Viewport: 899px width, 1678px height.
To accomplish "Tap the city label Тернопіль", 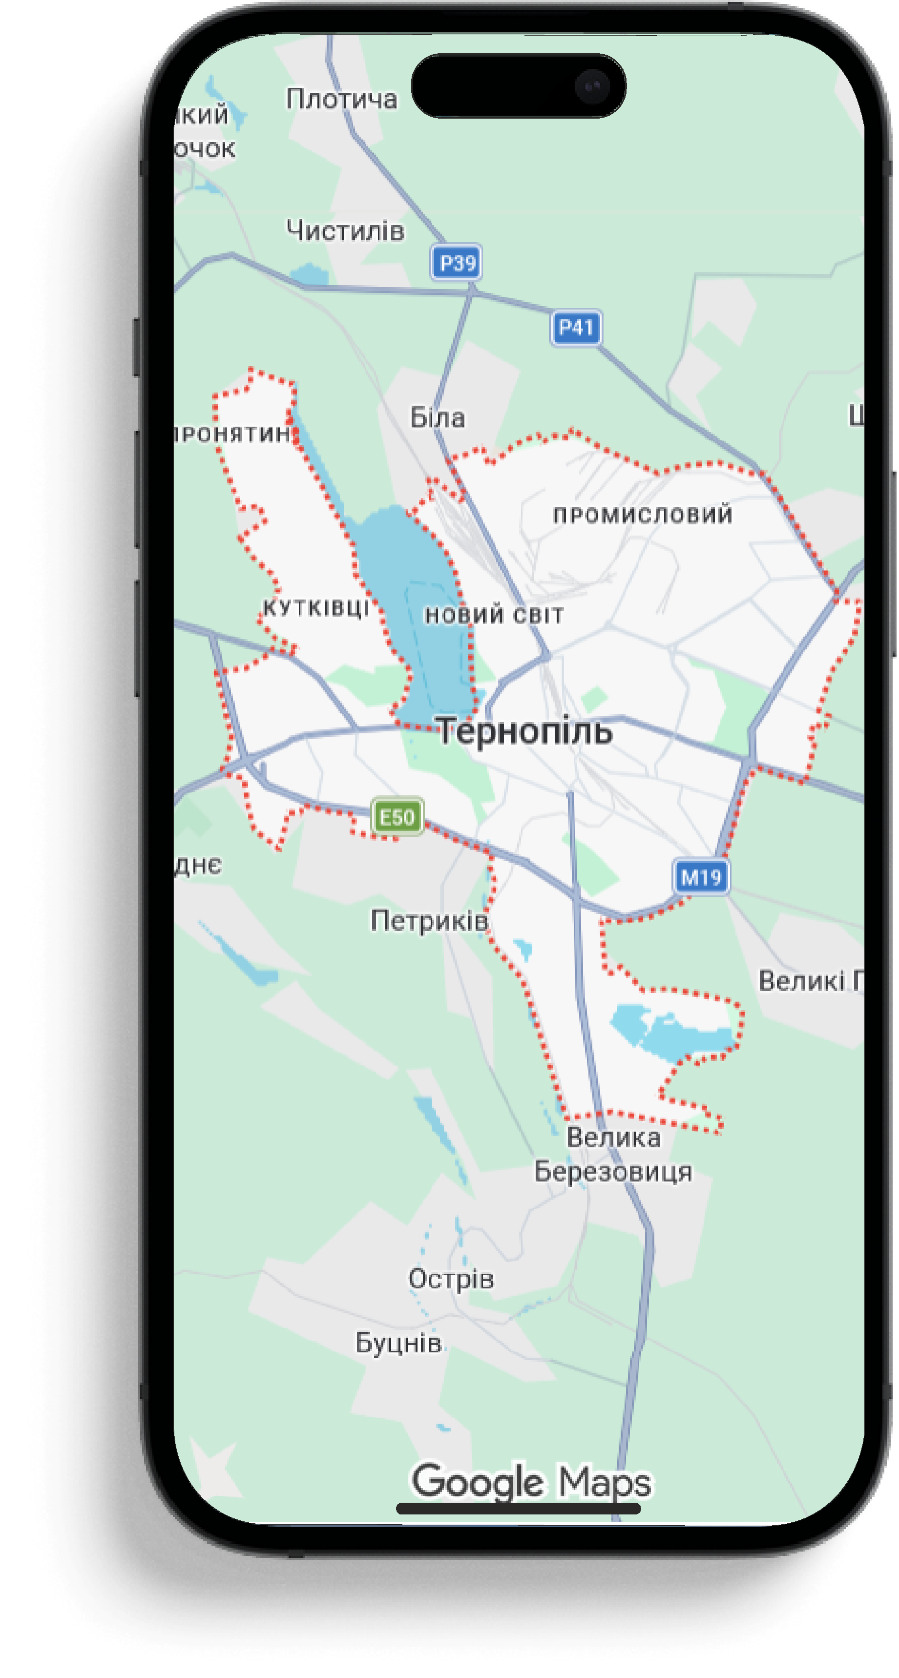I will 524,731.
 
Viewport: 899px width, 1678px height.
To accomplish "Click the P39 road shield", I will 457,263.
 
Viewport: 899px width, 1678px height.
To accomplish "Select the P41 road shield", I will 575,327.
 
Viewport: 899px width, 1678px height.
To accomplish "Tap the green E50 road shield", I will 397,816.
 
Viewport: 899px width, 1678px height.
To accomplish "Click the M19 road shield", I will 700,877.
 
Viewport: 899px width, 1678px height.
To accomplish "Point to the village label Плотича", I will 341,99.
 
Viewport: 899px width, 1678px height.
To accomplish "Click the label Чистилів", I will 345,230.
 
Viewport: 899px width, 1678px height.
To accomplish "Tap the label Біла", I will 437,417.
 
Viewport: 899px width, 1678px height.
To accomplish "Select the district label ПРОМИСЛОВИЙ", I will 642,515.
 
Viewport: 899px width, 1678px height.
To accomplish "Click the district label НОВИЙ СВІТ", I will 494,615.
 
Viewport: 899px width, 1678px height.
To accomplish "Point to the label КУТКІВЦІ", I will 316,608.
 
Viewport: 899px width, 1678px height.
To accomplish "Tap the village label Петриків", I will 429,920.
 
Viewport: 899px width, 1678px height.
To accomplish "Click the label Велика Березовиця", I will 613,1154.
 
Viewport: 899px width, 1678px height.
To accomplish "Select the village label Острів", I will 451,1278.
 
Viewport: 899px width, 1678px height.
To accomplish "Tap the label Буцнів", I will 398,1343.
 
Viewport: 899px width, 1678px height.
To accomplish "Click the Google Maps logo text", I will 531,1482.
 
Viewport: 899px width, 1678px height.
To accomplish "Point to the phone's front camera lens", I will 591,86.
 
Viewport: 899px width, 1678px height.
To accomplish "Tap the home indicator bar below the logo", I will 519,1509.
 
